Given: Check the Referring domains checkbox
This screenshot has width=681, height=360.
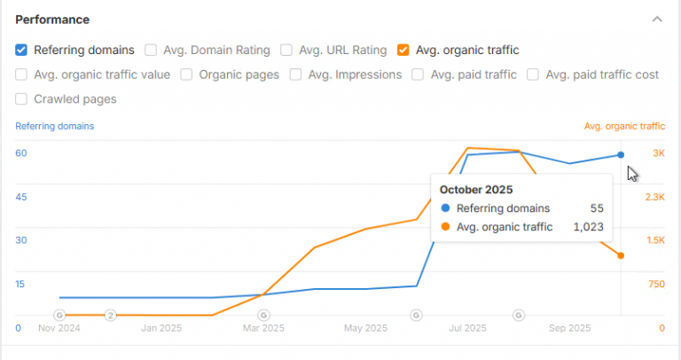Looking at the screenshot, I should point(21,50).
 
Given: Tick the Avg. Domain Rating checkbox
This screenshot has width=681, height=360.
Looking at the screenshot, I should point(152,50).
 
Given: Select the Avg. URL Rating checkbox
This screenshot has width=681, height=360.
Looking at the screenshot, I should point(286,50).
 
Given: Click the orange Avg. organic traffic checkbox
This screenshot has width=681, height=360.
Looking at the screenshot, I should point(403,50).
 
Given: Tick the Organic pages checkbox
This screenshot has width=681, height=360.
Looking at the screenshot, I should point(187,74).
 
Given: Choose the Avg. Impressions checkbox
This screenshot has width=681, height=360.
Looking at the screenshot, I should point(296,74).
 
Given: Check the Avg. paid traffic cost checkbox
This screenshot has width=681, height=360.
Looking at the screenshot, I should point(534,74).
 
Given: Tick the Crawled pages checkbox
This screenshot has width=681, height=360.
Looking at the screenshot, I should point(21,99).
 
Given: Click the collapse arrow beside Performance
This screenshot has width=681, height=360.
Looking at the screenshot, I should point(656,19).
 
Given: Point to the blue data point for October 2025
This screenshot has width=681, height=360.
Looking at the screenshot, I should point(621,154).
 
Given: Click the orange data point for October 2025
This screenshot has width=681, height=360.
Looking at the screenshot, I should point(621,255).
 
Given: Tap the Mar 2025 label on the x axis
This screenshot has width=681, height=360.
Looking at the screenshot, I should point(263,328).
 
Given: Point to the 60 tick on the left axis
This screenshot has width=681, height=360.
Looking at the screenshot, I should point(21,153).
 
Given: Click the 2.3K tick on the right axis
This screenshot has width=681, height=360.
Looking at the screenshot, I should point(655,197).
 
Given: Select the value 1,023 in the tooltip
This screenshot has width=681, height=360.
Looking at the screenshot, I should point(588,227).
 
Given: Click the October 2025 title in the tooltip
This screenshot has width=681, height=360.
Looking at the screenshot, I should point(477,189).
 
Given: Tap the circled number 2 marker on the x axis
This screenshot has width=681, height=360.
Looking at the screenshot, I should point(111,315).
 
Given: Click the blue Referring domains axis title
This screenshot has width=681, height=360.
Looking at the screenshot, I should point(55,126).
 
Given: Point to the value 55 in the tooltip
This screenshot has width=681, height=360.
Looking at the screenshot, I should point(597,208).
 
